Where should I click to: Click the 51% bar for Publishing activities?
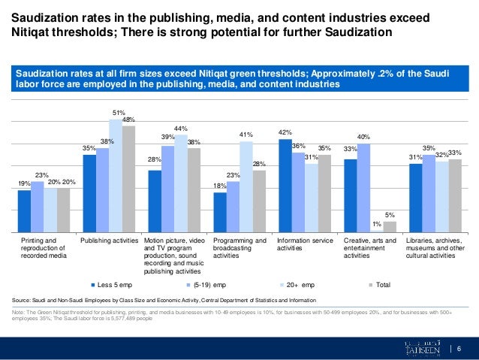[x=116, y=176]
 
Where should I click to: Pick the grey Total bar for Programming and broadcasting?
[x=259, y=201]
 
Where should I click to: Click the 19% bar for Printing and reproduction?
[x=24, y=211]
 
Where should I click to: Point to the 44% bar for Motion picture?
[x=181, y=183]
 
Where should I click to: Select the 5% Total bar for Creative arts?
[x=390, y=227]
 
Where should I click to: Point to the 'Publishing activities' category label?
[x=110, y=241]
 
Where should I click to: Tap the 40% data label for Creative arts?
[x=363, y=137]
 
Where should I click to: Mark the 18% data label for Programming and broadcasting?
[x=220, y=186]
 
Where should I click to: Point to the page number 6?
[x=459, y=346]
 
